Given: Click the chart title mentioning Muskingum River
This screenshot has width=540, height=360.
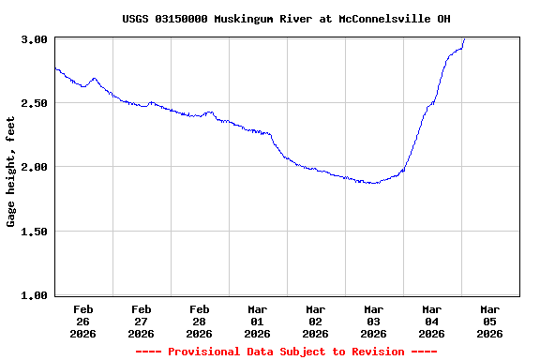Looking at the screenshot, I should [x=292, y=19].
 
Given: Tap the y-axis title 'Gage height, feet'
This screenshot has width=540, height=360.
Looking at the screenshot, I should [x=11, y=172].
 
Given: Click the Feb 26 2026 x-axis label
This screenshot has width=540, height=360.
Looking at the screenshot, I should [x=82, y=321].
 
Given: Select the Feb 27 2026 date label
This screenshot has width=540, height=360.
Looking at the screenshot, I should [x=141, y=321].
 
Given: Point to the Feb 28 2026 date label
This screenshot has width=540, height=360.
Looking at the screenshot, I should [x=199, y=321].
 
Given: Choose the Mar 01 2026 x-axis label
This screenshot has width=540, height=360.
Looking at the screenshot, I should [x=257, y=321].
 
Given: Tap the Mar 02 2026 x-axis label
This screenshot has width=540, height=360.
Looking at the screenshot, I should [x=315, y=321].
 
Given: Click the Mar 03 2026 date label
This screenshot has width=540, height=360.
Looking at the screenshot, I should [x=373, y=321].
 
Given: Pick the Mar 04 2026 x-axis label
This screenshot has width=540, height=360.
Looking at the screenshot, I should [x=431, y=321].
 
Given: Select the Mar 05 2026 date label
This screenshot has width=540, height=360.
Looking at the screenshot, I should [x=489, y=321].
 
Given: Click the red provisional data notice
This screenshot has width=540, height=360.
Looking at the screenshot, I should [x=286, y=352].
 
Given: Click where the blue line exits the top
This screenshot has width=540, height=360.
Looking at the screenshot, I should [x=464, y=39].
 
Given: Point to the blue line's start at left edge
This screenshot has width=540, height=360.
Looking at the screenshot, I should [x=55, y=67].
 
